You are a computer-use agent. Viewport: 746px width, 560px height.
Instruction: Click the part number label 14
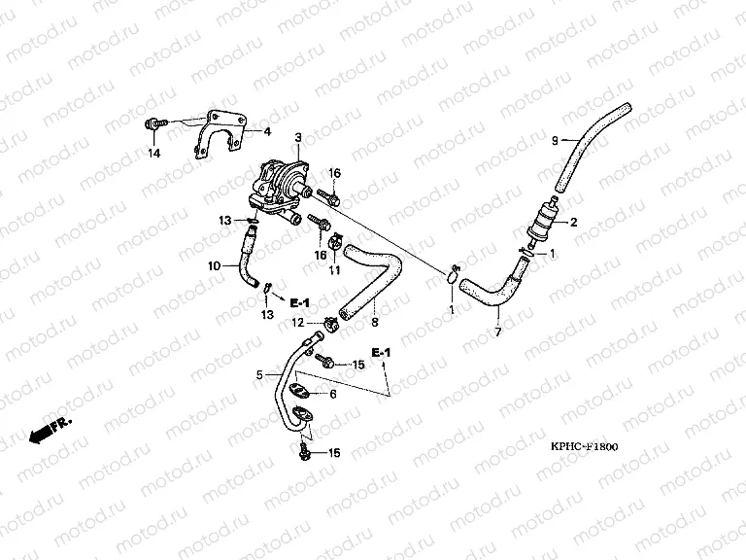pos(153,154)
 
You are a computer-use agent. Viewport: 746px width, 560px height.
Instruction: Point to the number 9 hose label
pos(555,142)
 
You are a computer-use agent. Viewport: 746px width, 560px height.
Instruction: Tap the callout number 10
pos(215,262)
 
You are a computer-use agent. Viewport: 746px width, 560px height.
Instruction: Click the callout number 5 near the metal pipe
pos(259,374)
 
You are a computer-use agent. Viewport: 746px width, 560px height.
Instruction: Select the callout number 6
pos(332,394)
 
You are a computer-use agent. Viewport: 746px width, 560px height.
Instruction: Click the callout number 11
pos(333,271)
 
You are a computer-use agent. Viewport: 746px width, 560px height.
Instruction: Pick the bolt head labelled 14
pos(153,123)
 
